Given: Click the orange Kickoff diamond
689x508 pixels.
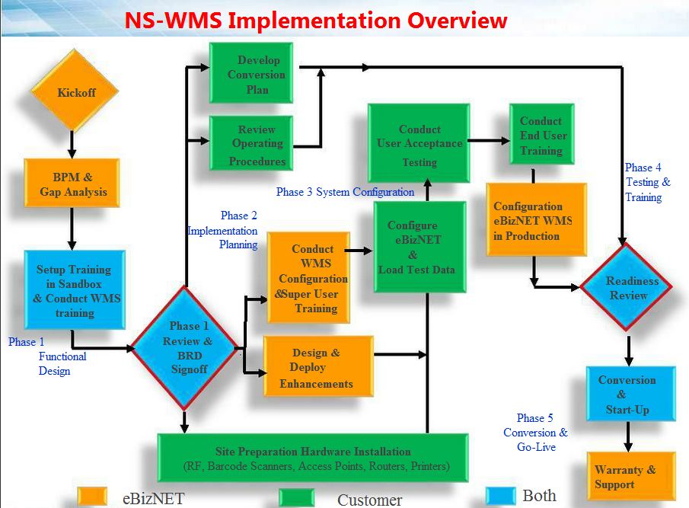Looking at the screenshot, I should tap(74, 93).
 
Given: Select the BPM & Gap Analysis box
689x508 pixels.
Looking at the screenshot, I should tap(72, 183).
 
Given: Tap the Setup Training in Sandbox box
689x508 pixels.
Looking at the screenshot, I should tap(74, 290).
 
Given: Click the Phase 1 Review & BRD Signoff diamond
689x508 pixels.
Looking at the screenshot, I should tap(186, 347).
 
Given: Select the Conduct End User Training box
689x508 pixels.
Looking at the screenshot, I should tap(541, 135).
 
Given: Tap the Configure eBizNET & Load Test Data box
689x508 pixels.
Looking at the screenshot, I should tap(419, 247).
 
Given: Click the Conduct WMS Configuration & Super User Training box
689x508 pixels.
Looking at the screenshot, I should tap(308, 278).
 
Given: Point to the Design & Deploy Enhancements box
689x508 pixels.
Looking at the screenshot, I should tap(318, 368).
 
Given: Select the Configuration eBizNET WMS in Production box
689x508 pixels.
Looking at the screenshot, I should tap(536, 219).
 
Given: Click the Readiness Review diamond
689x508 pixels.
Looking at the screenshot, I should tap(627, 287).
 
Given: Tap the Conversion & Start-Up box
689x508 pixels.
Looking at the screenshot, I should tap(630, 393).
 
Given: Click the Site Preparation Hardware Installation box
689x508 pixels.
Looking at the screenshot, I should tap(312, 458).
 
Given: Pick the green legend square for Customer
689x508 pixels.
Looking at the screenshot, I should tap(297, 498).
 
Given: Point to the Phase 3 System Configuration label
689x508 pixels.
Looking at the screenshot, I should tap(345, 192).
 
